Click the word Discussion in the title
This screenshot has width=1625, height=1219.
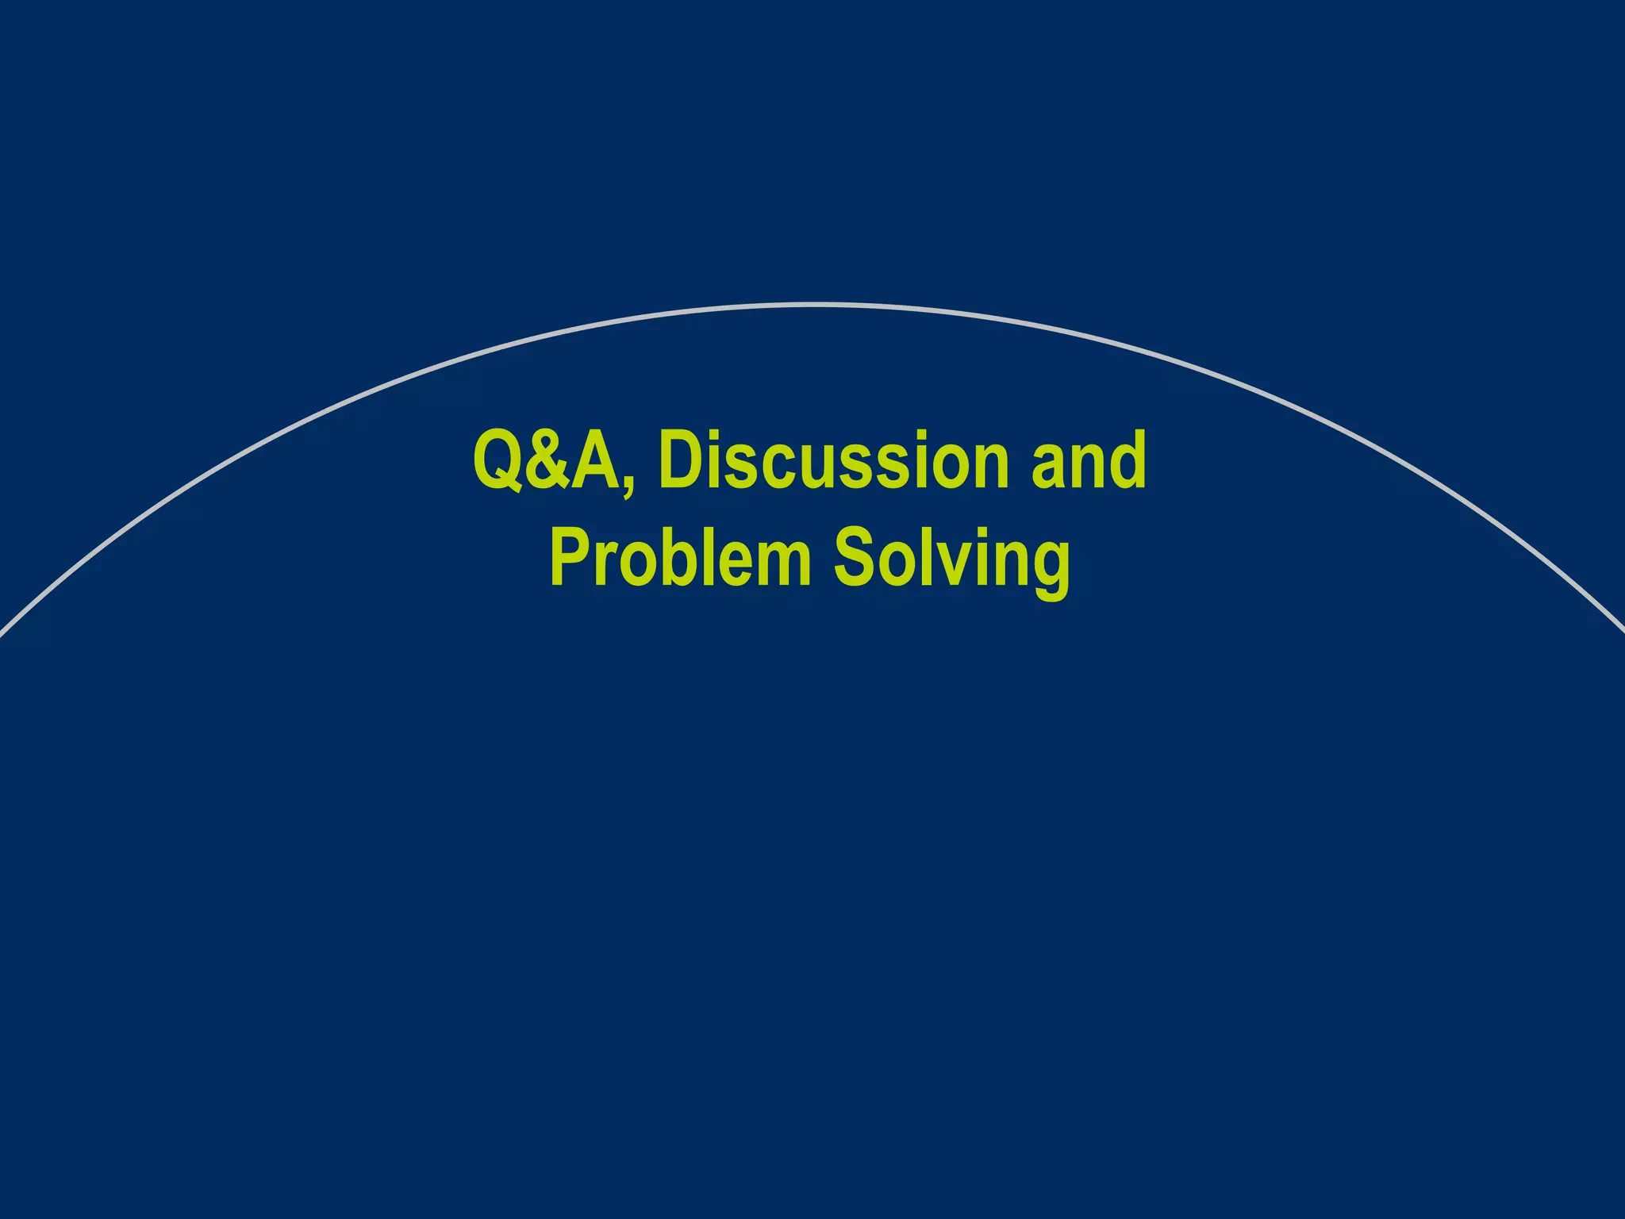(833, 460)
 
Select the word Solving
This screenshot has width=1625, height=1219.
(951, 560)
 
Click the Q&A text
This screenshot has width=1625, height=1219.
(547, 460)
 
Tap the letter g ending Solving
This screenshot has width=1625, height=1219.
(1049, 567)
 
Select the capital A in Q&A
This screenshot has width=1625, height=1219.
(597, 461)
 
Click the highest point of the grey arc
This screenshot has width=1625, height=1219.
(812, 304)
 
